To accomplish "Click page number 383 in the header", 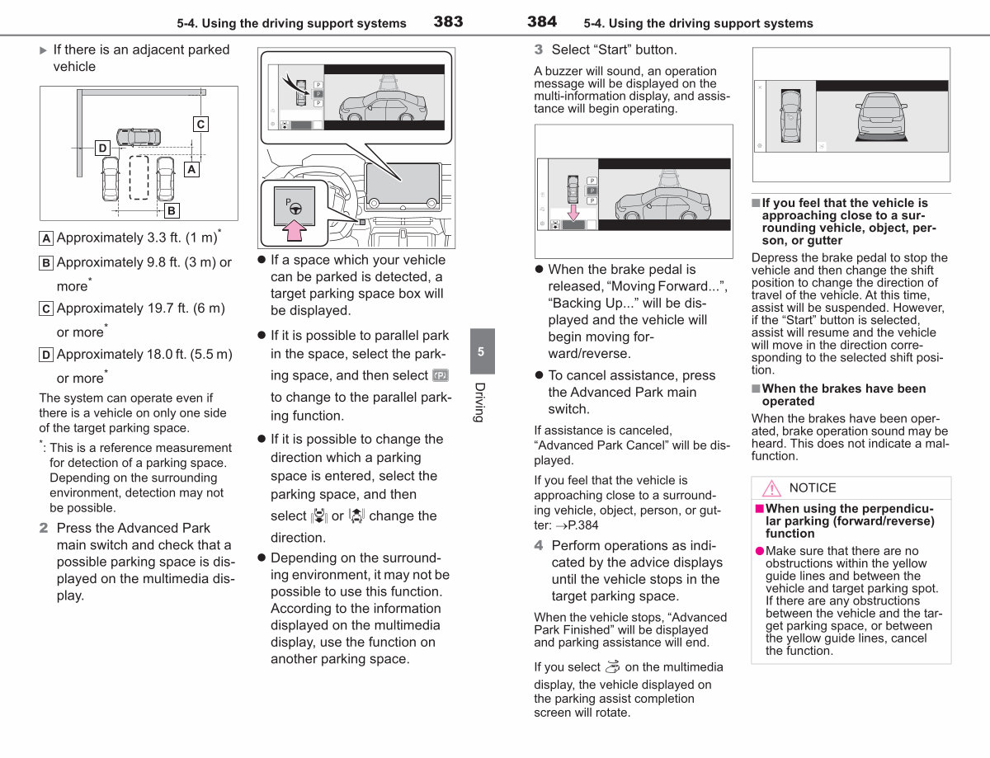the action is coord(448,21).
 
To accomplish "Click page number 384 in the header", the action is coord(542,21).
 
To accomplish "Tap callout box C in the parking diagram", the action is coord(200,125).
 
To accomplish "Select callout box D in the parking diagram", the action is coord(102,148).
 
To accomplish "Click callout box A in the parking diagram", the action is coord(191,169).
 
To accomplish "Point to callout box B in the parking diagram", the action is coord(172,211).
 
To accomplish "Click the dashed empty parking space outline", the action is coord(139,177).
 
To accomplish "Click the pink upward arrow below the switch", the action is coord(295,230).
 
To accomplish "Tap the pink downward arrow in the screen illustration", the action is coord(573,212).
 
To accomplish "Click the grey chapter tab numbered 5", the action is coord(482,351).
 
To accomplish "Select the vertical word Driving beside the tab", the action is coord(480,403).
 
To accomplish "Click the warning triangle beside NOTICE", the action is coord(771,488).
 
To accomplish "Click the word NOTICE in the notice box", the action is coord(813,488).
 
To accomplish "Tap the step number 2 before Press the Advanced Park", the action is coord(44,528).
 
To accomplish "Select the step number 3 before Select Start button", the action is coord(539,49).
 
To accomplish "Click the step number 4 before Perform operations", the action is coord(539,545).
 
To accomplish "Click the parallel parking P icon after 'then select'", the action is coord(441,375).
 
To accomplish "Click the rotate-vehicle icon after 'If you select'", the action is coord(612,667).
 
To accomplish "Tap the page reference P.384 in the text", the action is coord(577,525).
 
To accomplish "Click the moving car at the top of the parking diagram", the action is coord(139,137).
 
